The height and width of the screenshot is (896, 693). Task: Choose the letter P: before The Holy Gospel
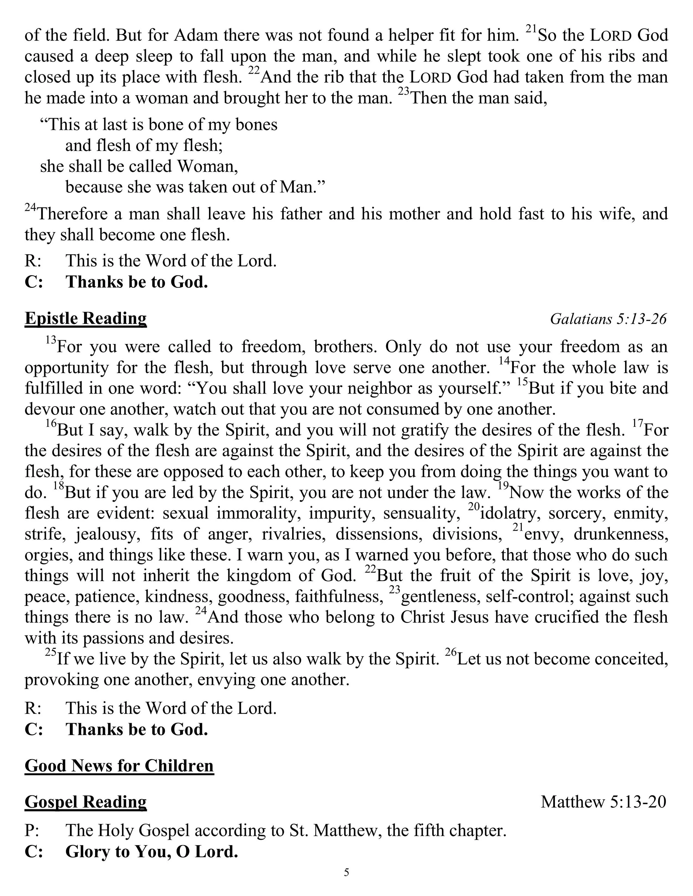(x=32, y=831)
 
